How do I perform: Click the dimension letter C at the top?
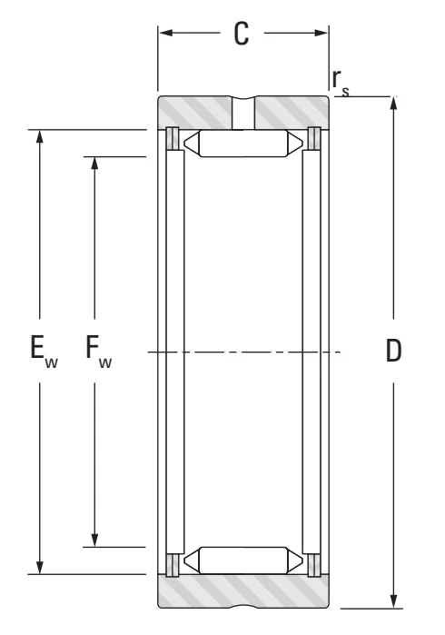point(242,34)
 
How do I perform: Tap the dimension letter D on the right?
point(393,351)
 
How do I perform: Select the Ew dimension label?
point(44,352)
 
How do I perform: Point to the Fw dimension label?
point(98,352)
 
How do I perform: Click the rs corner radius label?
point(340,83)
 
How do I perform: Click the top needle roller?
point(243,143)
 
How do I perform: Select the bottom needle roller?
point(243,561)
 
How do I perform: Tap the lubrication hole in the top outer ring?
point(243,113)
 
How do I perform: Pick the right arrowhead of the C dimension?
point(321,33)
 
